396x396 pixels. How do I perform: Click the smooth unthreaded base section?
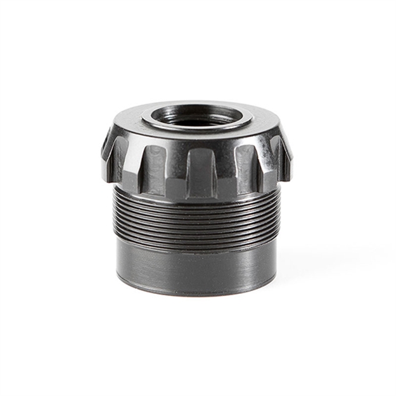tap(196, 266)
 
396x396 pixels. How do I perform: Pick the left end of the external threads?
tap(116, 212)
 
